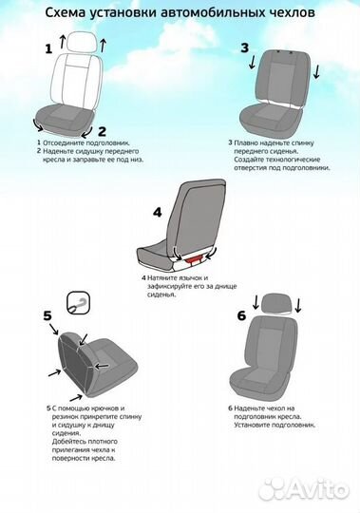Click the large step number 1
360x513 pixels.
pyautogui.click(x=48, y=49)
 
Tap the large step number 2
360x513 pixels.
pyautogui.click(x=102, y=131)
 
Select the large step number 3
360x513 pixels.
pyautogui.click(x=245, y=47)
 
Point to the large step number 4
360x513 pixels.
pyautogui.click(x=158, y=213)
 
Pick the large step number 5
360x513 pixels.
pyautogui.click(x=47, y=315)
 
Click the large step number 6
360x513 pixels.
pyautogui.click(x=241, y=315)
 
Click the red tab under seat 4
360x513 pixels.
pyautogui.click(x=194, y=259)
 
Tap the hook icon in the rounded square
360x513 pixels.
pyautogui.click(x=79, y=303)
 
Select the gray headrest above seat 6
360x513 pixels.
pyautogui.click(x=276, y=303)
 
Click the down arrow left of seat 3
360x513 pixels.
pyautogui.click(x=252, y=62)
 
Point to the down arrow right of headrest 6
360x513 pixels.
pyautogui.click(x=298, y=305)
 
